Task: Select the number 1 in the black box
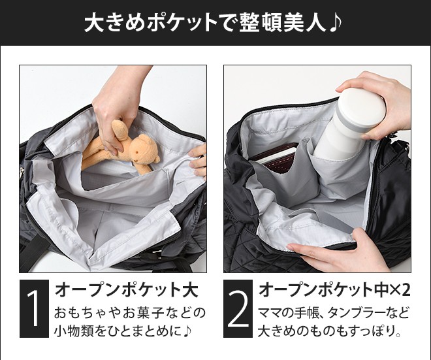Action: (35, 308)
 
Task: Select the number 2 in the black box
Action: (238, 308)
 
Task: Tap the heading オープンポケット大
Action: (127, 289)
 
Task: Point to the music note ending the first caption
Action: (187, 331)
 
